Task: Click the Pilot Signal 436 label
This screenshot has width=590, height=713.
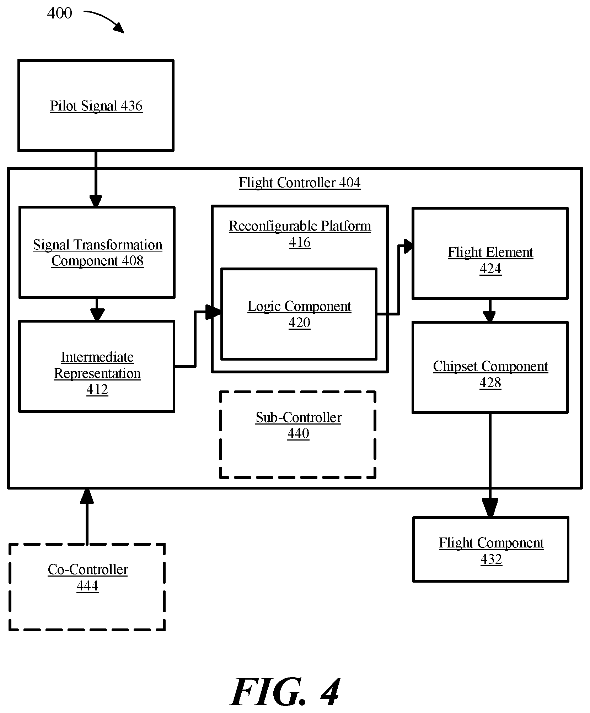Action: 96,106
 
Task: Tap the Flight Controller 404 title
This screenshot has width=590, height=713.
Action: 300,183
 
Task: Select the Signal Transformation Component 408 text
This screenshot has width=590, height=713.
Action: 98,253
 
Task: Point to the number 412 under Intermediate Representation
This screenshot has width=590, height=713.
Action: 97,389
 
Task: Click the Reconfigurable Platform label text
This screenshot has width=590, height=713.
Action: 300,226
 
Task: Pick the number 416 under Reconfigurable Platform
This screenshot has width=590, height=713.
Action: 300,242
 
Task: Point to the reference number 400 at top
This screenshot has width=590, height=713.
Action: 59,13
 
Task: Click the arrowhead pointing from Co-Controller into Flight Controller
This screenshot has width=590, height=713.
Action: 87,496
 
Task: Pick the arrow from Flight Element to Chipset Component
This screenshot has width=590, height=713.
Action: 490,310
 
